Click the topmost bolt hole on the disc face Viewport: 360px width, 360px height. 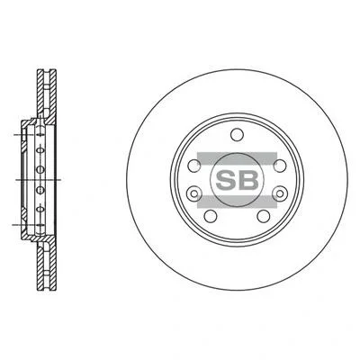(237, 134)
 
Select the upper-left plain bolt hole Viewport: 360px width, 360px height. (194, 166)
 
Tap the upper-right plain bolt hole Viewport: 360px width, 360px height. (280, 166)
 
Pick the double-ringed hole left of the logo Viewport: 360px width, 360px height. (194, 193)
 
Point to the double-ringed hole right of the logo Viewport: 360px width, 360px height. (280, 193)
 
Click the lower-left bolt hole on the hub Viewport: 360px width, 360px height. (211, 216)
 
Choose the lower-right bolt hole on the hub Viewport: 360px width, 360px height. (264, 216)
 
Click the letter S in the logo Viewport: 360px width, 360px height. (226, 180)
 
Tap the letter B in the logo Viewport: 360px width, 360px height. (248, 180)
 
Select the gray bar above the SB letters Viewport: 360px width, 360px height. (237, 158)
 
